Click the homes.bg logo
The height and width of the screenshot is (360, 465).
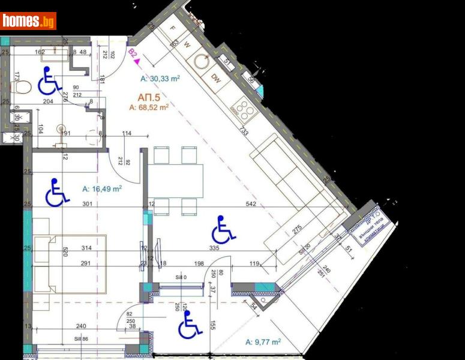(x=28, y=21)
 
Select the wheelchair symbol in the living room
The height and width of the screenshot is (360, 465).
(x=224, y=229)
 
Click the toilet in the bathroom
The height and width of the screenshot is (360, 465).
(x=23, y=88)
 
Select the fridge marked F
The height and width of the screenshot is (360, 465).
(x=173, y=28)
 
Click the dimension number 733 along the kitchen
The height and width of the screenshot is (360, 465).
(x=244, y=132)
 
